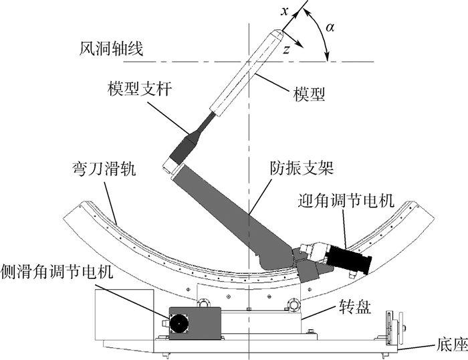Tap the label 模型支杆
click(x=138, y=89)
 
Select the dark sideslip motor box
click(x=195, y=322)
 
